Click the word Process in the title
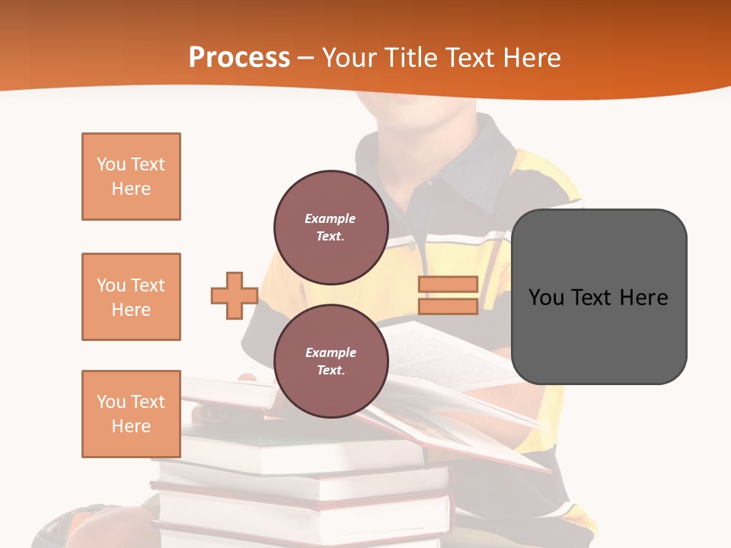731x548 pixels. [239, 57]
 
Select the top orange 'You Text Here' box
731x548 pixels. [131, 177]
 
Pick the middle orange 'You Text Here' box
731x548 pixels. [131, 297]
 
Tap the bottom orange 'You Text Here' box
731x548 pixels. [131, 414]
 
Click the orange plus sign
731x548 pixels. [234, 295]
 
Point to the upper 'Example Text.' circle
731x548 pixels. [330, 228]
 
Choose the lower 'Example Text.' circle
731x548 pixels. [330, 361]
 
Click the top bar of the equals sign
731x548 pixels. [448, 285]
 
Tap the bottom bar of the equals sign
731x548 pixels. [448, 307]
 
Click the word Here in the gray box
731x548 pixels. [643, 298]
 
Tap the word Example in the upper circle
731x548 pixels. [330, 218]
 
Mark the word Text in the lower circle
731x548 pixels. [330, 370]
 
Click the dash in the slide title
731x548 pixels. [305, 58]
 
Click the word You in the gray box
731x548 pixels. [547, 298]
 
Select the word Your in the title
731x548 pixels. [346, 57]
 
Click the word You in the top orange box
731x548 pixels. [111, 164]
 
